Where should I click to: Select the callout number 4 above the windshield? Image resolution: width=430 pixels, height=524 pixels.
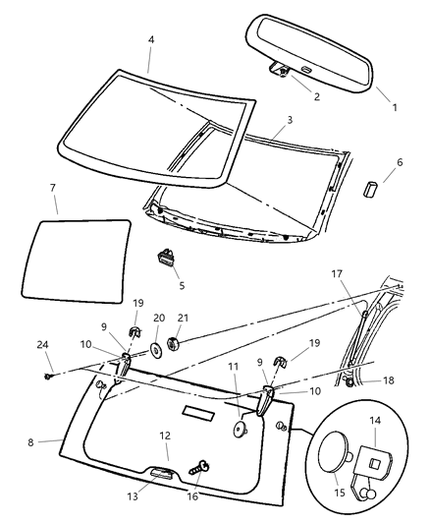[150, 40]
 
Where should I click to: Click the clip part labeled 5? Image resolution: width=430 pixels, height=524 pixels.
[168, 259]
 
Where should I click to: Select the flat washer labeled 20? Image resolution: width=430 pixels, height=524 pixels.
[156, 351]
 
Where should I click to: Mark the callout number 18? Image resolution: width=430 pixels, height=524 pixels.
[388, 379]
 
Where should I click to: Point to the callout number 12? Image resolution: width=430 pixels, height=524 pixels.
[166, 434]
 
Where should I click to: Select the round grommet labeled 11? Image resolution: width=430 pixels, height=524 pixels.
[239, 429]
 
